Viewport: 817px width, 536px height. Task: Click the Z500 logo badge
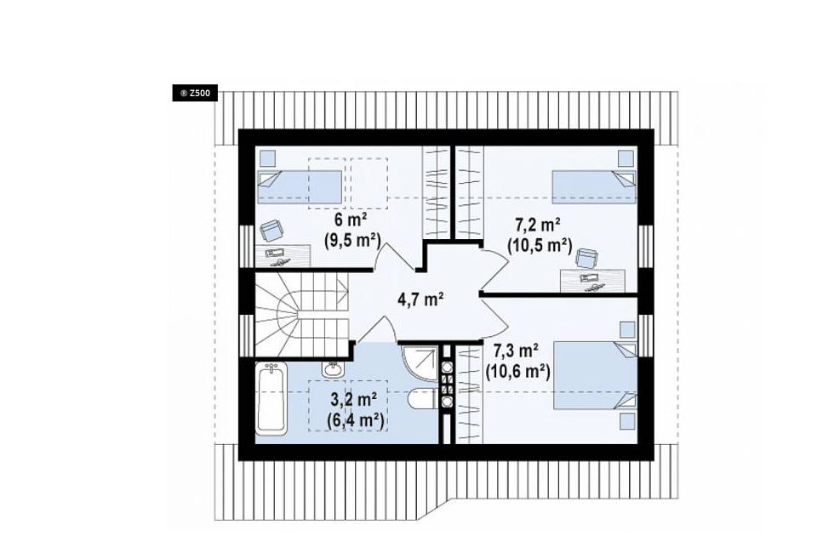(x=195, y=94)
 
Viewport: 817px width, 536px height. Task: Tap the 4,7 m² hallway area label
(x=420, y=299)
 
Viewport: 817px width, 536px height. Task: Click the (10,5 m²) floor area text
(x=540, y=245)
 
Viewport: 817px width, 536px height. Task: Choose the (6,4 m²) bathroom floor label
(x=356, y=420)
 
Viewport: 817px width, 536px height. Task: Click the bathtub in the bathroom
(x=271, y=398)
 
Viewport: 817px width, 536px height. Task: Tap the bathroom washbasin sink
(x=332, y=369)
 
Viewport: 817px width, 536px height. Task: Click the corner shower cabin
(x=419, y=363)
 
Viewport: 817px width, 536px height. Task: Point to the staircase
(x=301, y=315)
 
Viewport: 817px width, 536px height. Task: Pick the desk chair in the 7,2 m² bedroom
(x=586, y=259)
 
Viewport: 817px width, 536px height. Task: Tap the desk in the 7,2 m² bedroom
(x=592, y=281)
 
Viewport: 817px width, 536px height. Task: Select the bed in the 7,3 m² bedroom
(x=595, y=375)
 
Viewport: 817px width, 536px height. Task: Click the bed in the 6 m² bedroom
(x=300, y=187)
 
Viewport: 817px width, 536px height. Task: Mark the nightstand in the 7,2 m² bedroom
(x=626, y=158)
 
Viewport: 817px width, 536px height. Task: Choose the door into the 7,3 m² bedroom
(x=494, y=315)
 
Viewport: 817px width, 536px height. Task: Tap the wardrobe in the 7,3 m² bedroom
(x=469, y=395)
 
